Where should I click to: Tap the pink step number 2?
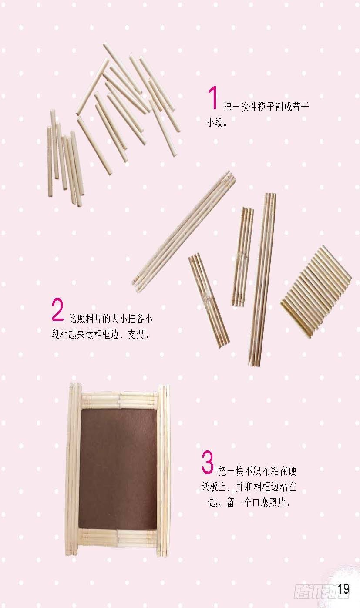click(x=57, y=309)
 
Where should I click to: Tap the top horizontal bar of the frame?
click(x=119, y=400)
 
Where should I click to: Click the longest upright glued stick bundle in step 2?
click(x=262, y=279)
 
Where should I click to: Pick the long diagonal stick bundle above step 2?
click(x=184, y=232)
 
